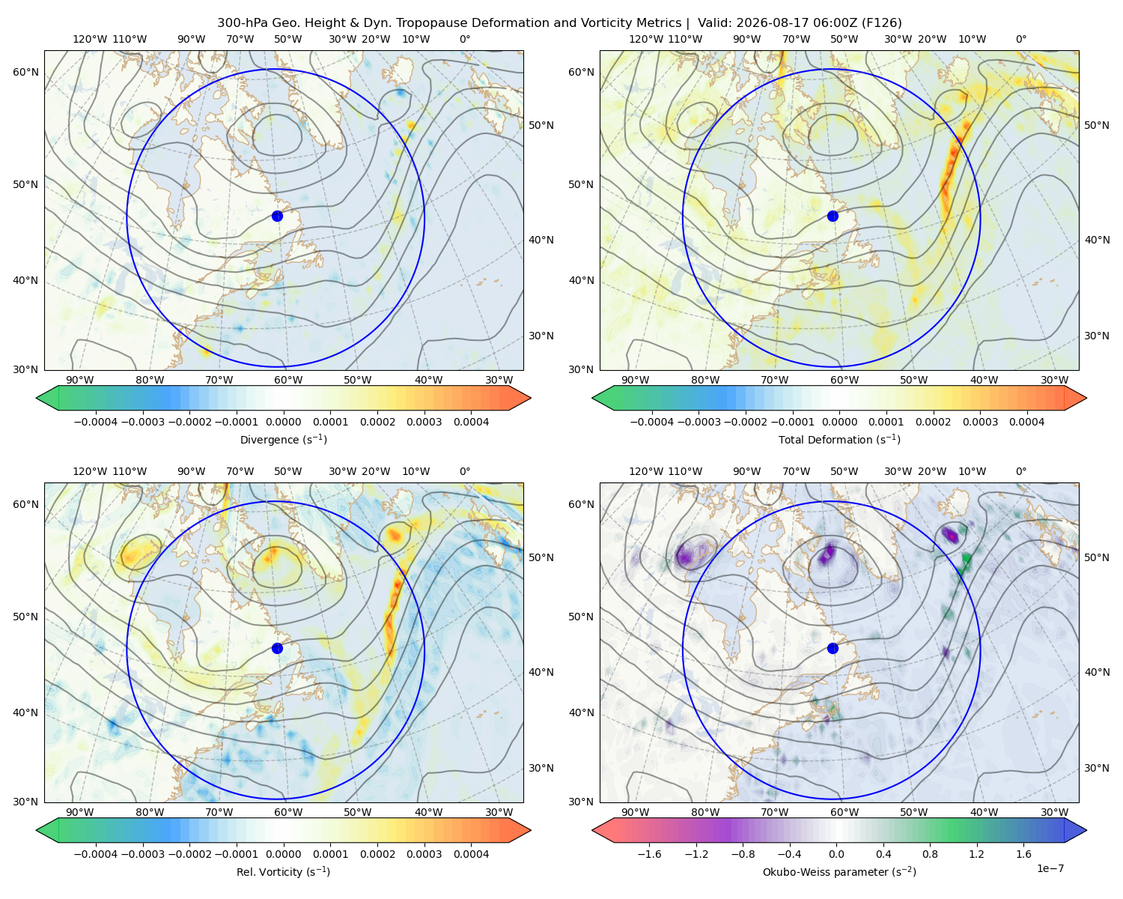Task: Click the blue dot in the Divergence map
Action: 277,216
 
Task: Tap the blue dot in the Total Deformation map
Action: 833,216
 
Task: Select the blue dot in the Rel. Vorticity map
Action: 277,648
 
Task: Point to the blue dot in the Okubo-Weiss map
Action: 833,648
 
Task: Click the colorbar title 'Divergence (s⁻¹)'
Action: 283,439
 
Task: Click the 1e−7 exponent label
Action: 1050,868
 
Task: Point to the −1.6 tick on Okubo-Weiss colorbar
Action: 649,853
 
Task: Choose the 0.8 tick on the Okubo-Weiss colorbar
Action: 930,853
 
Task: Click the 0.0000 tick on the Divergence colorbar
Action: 283,422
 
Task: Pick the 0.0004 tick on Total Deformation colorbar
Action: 1026,422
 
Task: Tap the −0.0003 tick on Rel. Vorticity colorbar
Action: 142,853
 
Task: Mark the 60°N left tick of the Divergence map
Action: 25,72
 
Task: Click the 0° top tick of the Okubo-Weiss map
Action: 1020,471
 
